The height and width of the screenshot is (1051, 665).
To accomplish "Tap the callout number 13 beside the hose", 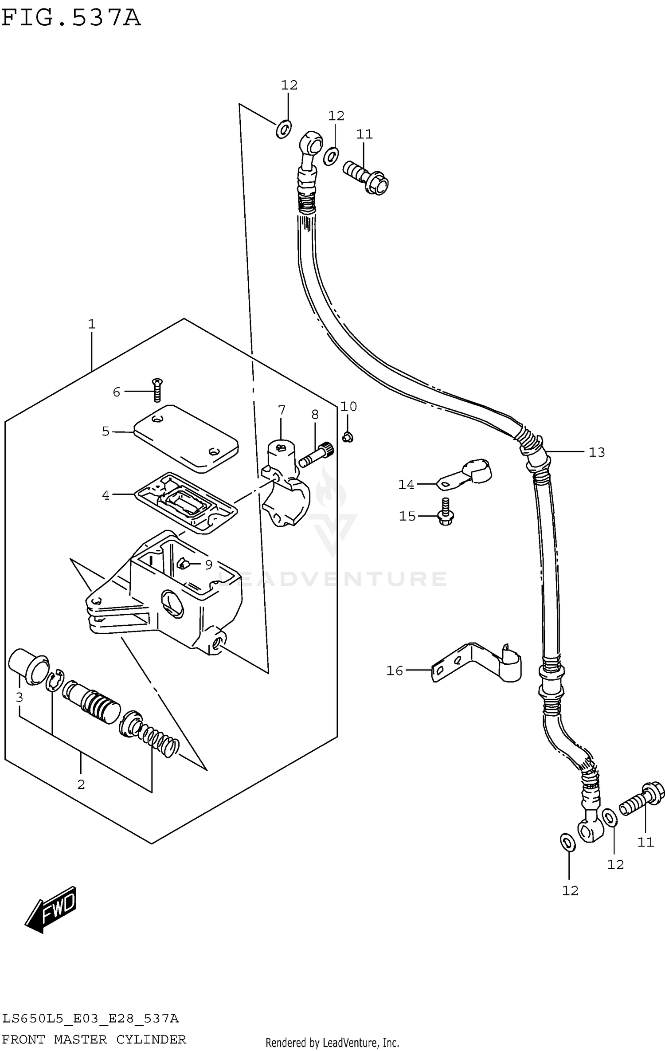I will click(597, 452).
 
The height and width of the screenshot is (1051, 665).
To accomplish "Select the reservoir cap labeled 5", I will click(186, 438).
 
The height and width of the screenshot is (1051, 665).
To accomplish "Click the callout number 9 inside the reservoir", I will click(208, 565).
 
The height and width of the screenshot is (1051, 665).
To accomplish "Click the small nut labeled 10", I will click(348, 438).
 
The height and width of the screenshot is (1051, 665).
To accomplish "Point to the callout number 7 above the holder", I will click(282, 410).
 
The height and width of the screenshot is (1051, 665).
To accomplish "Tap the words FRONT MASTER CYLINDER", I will click(94, 1039).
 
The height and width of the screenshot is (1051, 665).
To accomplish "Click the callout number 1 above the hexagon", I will click(92, 324).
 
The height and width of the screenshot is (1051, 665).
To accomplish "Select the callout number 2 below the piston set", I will click(81, 784).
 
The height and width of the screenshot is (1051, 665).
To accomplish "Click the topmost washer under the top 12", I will click(283, 129).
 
